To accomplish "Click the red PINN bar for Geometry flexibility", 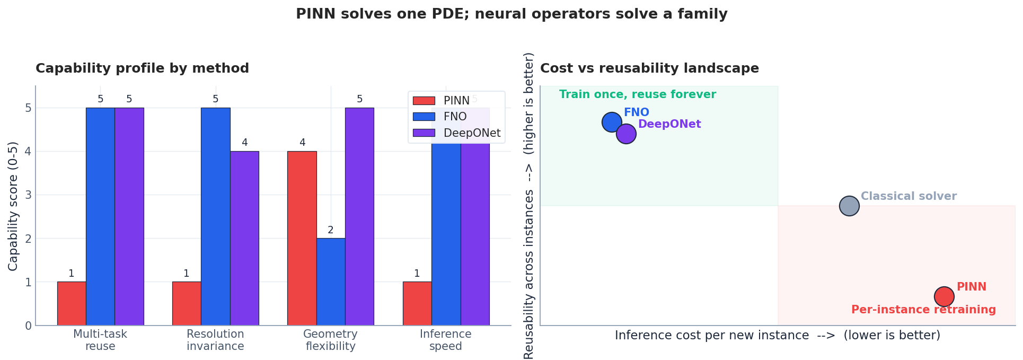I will (x=302, y=238).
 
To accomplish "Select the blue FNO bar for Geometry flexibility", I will (x=331, y=282).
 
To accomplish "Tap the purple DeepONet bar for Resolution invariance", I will (x=244, y=238).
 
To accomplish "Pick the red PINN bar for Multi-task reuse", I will (x=72, y=303).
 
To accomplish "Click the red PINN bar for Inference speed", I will (x=417, y=303).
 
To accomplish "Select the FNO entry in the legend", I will (x=455, y=117).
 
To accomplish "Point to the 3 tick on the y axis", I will (x=28, y=195).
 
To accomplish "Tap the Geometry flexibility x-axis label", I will (x=330, y=340).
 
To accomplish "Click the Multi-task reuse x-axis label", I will (x=100, y=340).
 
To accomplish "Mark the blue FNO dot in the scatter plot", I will (x=612, y=122).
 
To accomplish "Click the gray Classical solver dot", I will (x=849, y=206).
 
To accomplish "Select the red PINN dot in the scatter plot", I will (x=944, y=296).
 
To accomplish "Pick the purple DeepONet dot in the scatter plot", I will (x=626, y=134).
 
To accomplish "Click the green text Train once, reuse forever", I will (x=637, y=94).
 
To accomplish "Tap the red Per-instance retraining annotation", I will (x=923, y=310).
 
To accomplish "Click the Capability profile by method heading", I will (x=142, y=68).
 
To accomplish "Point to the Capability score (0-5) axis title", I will (x=13, y=206).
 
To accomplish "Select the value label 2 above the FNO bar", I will (x=331, y=230).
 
